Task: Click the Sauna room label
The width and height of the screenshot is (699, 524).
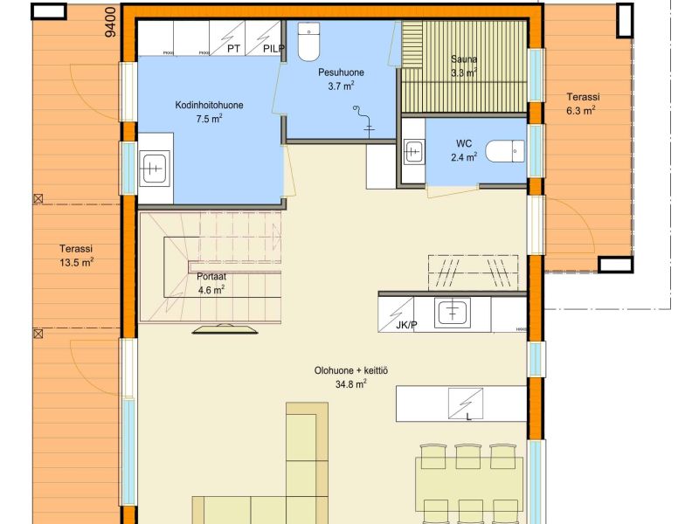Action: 464,59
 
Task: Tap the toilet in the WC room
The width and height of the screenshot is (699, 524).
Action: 505,151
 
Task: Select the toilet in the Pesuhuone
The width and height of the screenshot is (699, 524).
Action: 308,41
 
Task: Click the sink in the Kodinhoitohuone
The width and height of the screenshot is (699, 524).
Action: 155,168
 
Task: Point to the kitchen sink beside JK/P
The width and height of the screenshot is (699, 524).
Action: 453,310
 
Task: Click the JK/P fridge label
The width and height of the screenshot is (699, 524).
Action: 406,325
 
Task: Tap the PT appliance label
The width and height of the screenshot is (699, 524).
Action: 233,49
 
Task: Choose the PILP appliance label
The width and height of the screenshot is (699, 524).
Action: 273,49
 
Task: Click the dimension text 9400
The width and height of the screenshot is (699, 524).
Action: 112,22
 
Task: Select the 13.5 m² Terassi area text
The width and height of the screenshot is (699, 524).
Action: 76,263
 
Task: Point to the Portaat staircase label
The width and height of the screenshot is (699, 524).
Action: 211,276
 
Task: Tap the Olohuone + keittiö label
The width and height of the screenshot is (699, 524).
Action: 351,370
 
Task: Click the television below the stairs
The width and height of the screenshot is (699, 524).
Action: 225,329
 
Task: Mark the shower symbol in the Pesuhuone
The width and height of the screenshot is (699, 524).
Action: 363,120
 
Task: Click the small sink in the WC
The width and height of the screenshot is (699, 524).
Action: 413,152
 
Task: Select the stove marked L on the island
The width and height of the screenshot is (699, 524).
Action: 466,403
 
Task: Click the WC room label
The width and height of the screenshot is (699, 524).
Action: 464,143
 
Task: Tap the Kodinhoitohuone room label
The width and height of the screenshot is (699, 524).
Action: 209,105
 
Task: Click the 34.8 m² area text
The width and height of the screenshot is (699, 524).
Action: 351,384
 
